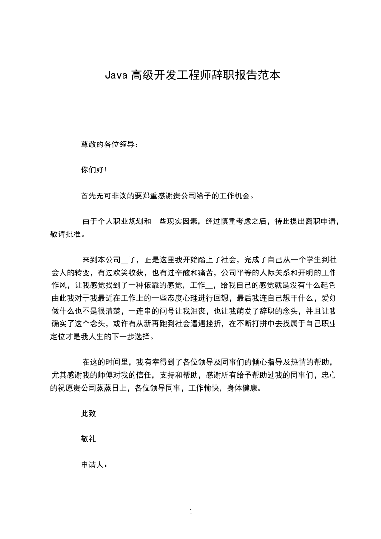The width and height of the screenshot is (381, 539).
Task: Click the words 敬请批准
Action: (x=65, y=234)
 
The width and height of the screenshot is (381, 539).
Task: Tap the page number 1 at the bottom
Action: (x=191, y=512)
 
